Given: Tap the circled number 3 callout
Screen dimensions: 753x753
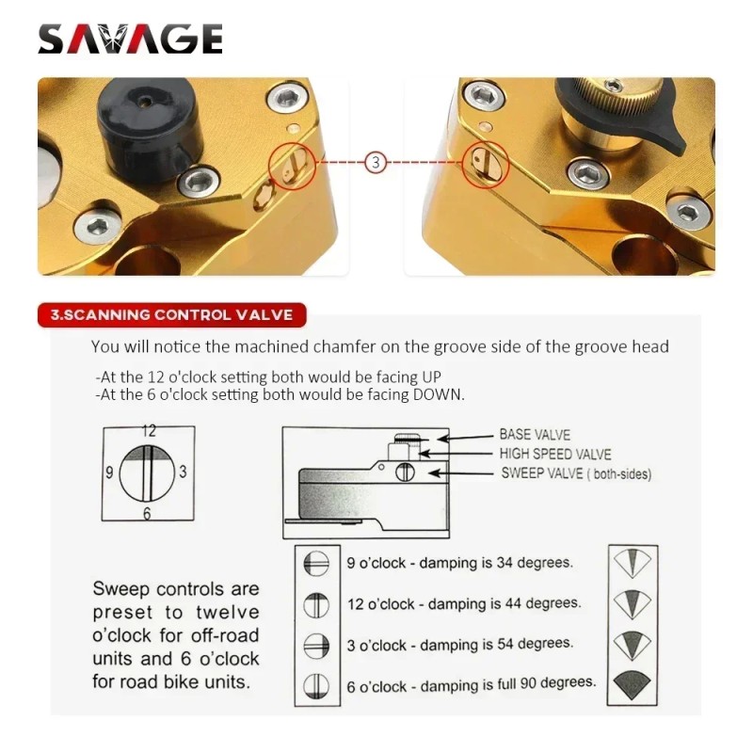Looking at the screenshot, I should [x=376, y=162].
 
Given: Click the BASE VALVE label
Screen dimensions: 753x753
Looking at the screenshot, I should [x=535, y=436].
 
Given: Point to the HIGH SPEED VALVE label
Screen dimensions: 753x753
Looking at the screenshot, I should [x=555, y=455].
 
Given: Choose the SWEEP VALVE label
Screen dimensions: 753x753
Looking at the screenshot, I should [x=575, y=473].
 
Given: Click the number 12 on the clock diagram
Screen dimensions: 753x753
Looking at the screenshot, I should [x=148, y=431].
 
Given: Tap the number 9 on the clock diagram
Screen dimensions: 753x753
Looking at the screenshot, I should [x=108, y=473].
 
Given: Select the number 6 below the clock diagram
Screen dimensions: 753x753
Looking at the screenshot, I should [x=147, y=514].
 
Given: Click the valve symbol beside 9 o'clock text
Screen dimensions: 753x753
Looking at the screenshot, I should [x=316, y=563].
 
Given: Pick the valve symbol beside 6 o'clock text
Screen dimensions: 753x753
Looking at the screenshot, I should [x=316, y=684].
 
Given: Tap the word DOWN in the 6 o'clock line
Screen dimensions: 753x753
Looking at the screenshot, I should [x=438, y=394].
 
